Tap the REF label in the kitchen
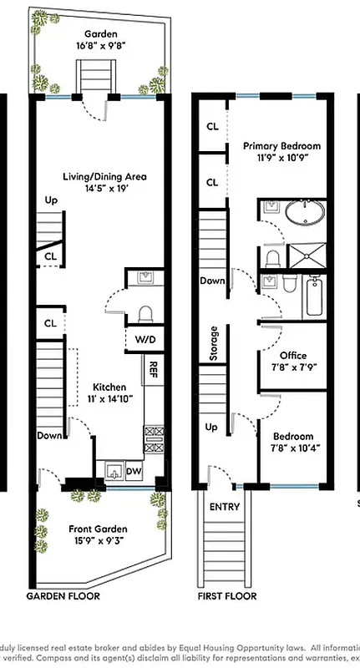(153, 368)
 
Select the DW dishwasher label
(133, 473)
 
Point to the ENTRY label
(224, 507)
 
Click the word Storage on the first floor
(214, 343)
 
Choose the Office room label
(292, 356)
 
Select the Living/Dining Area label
(105, 176)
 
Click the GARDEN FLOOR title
(63, 596)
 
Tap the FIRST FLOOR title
(226, 596)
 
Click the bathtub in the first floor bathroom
(314, 296)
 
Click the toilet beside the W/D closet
(144, 314)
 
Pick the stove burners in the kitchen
(153, 439)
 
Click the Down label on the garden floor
(48, 435)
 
